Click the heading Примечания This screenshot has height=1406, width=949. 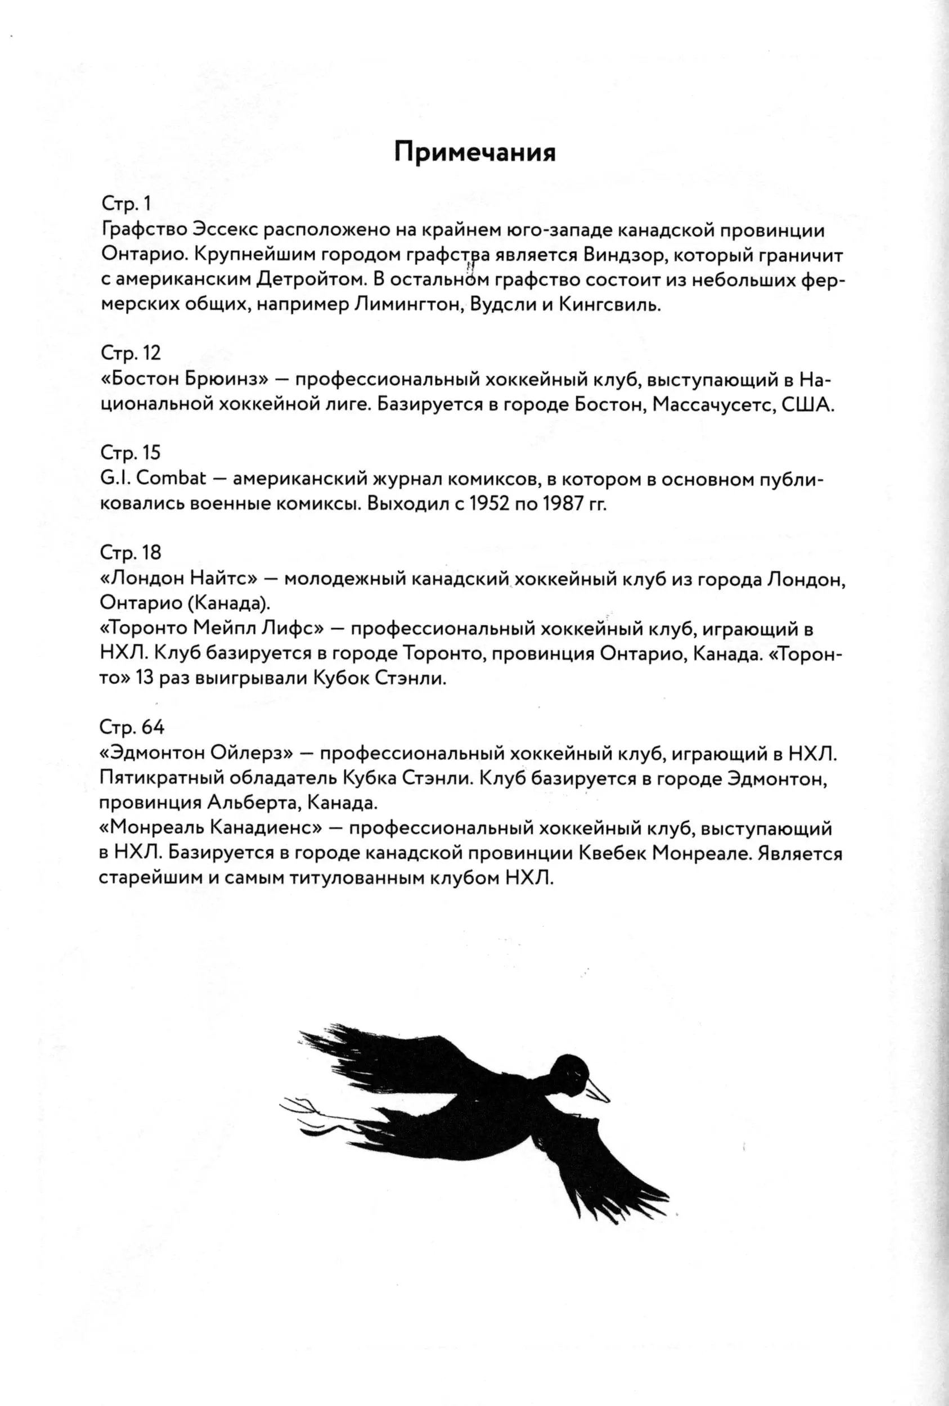[475, 152]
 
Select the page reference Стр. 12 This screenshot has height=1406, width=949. [130, 353]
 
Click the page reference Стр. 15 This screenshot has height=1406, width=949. [130, 453]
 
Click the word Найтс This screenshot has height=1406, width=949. [223, 578]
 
